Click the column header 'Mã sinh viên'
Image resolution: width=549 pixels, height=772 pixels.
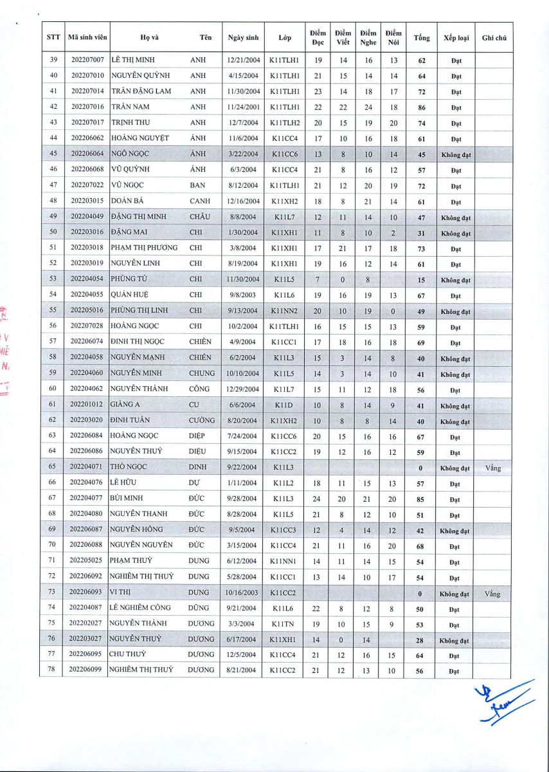coord(87,38)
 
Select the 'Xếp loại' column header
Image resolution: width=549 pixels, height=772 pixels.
coord(455,38)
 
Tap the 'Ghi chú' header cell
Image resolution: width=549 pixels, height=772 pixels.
coord(494,38)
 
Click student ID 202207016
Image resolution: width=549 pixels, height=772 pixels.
coord(87,107)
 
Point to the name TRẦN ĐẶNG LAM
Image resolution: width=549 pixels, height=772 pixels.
coord(141,91)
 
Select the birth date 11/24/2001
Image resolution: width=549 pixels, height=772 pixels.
coord(243,107)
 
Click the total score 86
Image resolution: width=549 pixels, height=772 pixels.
coord(422,107)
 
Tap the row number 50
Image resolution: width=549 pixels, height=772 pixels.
coord(53,232)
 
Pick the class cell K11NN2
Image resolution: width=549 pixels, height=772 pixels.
coord(284,311)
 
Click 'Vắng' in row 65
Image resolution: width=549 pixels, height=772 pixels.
coord(493,468)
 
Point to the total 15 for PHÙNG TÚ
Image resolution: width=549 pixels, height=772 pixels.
coord(422,280)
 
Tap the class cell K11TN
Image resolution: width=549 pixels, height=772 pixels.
coord(284,624)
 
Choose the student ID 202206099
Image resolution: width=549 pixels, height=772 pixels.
coord(87,671)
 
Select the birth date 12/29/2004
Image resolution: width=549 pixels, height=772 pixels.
coord(243,389)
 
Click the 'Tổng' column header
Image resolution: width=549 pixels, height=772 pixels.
coord(422,38)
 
